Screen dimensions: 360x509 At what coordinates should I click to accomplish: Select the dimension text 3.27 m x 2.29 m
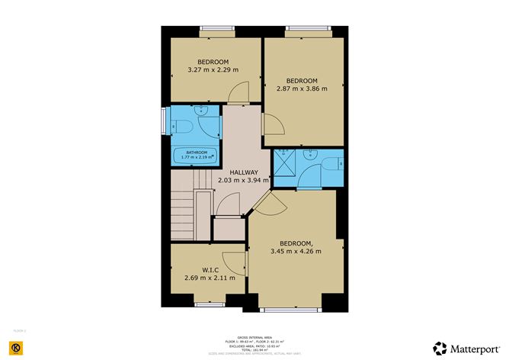point(213,70)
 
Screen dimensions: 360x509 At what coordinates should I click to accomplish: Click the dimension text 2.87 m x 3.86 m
point(301,88)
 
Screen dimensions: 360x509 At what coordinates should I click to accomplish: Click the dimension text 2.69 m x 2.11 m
point(210,278)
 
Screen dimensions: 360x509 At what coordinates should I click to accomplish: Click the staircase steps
point(183,210)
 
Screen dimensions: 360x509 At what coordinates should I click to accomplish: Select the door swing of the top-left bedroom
point(238,92)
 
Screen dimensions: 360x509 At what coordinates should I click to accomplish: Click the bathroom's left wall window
point(164,122)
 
